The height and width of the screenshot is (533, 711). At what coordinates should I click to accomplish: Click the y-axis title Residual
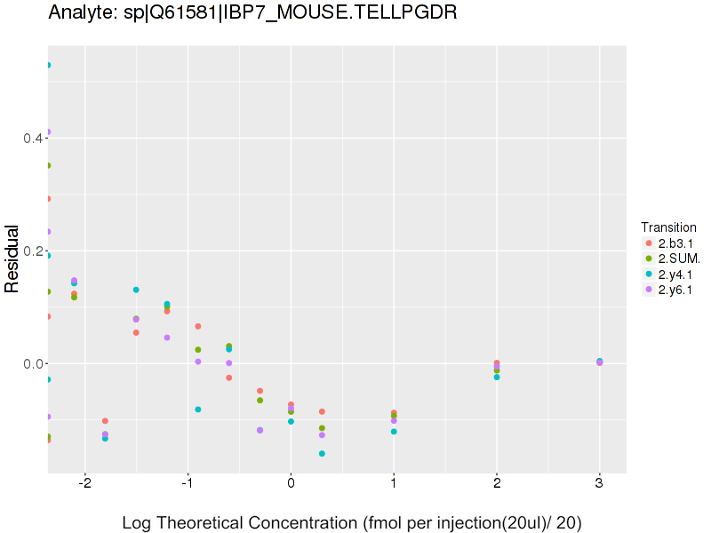tap(12, 259)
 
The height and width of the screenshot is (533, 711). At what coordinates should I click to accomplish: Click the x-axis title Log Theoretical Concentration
tap(351, 522)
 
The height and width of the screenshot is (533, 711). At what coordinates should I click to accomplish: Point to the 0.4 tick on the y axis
tap(32, 139)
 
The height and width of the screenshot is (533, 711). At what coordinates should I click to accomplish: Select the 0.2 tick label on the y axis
tap(32, 251)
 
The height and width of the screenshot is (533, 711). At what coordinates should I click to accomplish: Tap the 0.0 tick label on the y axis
tap(32, 364)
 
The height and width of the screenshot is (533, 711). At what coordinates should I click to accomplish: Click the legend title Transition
tap(668, 227)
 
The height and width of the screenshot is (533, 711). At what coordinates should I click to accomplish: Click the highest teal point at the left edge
tap(48, 65)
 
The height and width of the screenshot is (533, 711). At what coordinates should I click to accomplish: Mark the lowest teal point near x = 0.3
tap(322, 454)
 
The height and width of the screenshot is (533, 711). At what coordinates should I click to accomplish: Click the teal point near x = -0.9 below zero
tap(198, 410)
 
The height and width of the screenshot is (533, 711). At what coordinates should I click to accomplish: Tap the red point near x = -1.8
tap(105, 421)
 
